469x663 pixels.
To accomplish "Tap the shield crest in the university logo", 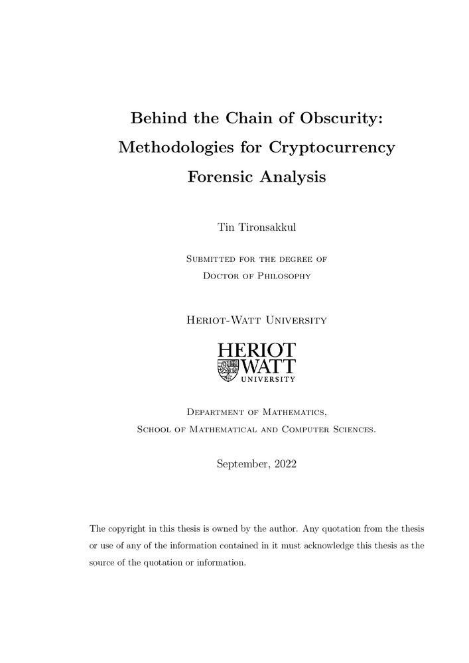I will [x=228, y=371].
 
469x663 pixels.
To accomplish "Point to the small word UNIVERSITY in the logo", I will [x=267, y=380].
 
